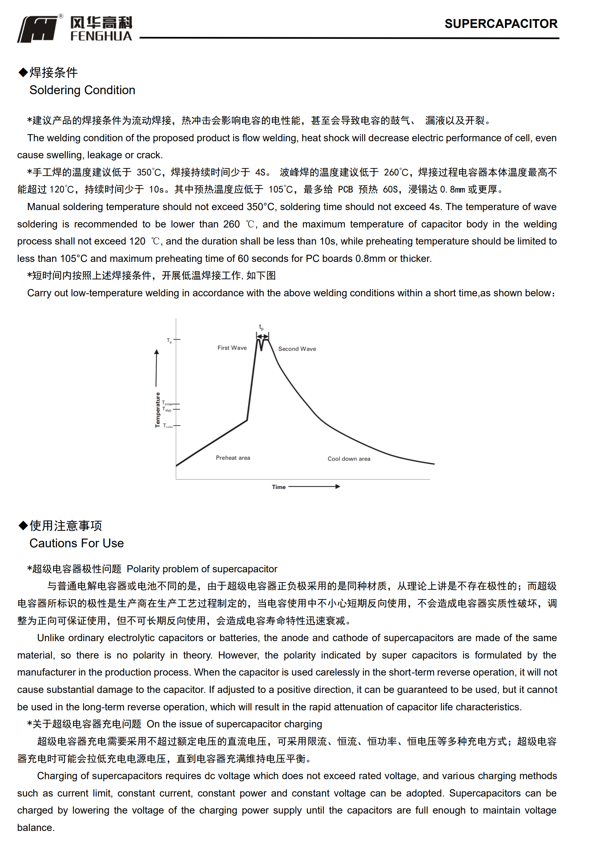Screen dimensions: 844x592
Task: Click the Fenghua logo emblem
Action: click(x=38, y=29)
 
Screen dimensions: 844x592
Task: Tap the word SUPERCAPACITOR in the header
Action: click(x=500, y=24)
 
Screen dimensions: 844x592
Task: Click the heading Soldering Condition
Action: click(x=82, y=90)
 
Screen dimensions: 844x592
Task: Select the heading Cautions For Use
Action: click(x=76, y=543)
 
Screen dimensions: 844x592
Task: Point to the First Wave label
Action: click(x=232, y=348)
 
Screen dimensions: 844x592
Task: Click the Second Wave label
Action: click(x=297, y=349)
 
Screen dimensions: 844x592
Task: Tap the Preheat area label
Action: click(x=233, y=457)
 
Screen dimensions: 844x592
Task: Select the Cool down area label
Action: click(x=349, y=459)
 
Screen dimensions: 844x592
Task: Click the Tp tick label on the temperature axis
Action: click(x=169, y=340)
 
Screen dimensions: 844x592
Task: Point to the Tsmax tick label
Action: click(x=167, y=403)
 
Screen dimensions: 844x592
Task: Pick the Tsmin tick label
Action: click(x=167, y=425)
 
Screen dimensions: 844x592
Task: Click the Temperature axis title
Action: click(x=158, y=410)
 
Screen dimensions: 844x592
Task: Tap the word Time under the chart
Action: click(x=278, y=487)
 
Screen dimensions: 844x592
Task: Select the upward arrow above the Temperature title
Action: click(x=156, y=368)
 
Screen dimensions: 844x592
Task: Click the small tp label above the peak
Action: click(x=261, y=327)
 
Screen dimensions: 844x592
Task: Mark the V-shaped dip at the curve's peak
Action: click(x=262, y=346)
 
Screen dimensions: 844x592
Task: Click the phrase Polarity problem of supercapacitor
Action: click(x=202, y=569)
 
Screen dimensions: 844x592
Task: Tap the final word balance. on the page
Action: click(x=36, y=827)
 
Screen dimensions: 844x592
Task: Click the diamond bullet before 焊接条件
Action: click(x=23, y=72)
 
